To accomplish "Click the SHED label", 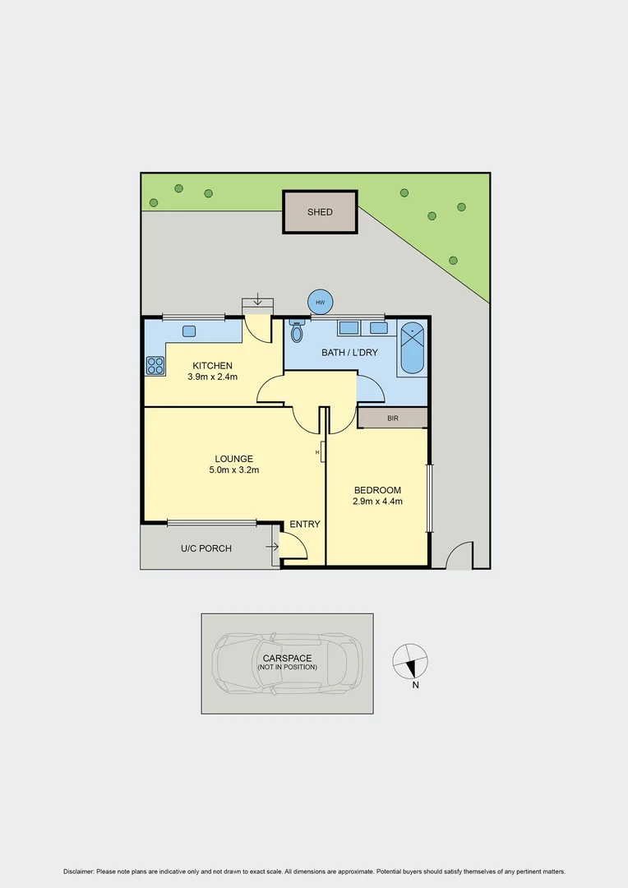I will [320, 212].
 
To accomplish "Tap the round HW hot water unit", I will [320, 302].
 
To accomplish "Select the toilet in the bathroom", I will [297, 332].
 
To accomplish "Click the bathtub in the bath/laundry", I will [412, 349].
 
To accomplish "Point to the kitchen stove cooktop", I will [155, 365].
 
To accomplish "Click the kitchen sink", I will [188, 331].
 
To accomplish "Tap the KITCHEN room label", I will [212, 366].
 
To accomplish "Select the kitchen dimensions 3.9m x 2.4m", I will [212, 377].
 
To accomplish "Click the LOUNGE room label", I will [233, 459].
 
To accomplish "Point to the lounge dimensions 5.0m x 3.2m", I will [233, 470].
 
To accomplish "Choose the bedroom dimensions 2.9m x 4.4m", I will [377, 501].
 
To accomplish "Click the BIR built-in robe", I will [392, 419].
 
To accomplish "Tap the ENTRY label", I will [305, 525].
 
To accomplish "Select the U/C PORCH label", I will [206, 548].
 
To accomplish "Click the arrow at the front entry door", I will [271, 546].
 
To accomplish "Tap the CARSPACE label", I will [287, 658].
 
